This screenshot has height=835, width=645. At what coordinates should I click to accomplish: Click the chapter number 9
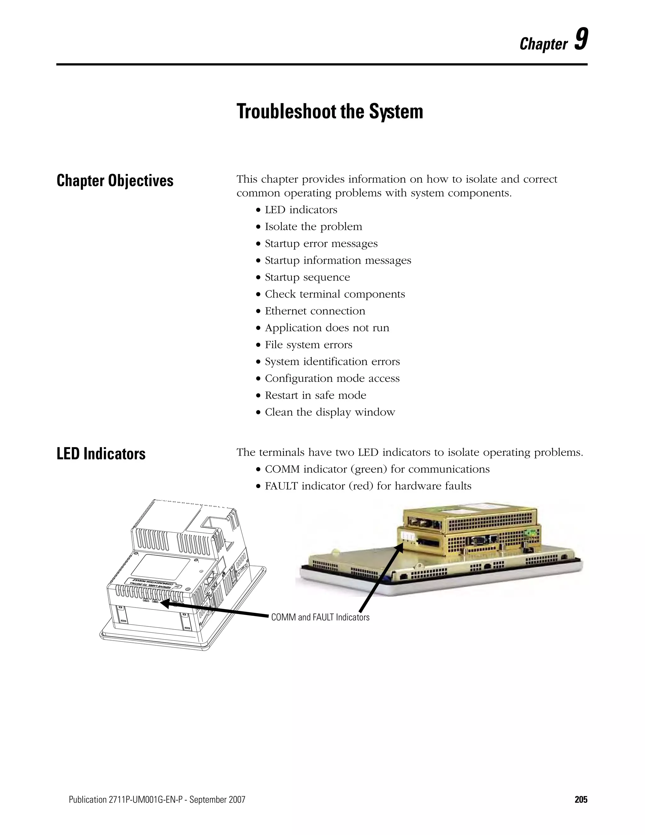581,40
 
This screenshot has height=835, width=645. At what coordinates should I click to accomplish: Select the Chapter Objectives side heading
115,181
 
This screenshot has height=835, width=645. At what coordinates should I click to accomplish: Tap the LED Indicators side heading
101,454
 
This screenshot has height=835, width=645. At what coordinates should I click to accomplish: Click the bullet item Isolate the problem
313,227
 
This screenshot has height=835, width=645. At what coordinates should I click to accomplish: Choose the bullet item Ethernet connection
315,311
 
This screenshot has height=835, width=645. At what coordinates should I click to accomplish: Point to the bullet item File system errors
308,345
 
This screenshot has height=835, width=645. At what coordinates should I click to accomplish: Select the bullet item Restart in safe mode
315,395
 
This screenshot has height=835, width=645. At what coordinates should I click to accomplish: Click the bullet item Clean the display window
330,412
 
